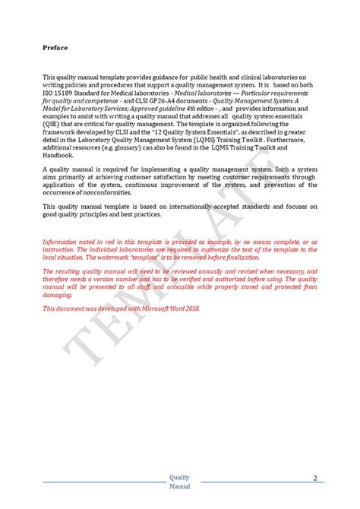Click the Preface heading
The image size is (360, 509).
point(55,48)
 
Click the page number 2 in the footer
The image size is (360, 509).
point(314,478)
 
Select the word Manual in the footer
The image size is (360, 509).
point(180,485)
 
